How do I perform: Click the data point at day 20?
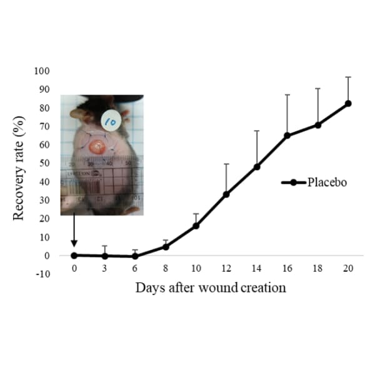348,103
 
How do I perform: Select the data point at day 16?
287,135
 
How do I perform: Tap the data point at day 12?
226,194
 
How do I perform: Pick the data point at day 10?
196,226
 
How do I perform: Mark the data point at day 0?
74,255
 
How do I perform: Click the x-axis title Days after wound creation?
211,288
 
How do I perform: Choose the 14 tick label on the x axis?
256,268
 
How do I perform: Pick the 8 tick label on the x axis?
166,268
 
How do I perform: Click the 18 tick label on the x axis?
317,268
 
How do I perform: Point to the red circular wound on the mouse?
98,147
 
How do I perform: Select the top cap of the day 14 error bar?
257,131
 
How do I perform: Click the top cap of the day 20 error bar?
348,77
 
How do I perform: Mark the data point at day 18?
317,125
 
